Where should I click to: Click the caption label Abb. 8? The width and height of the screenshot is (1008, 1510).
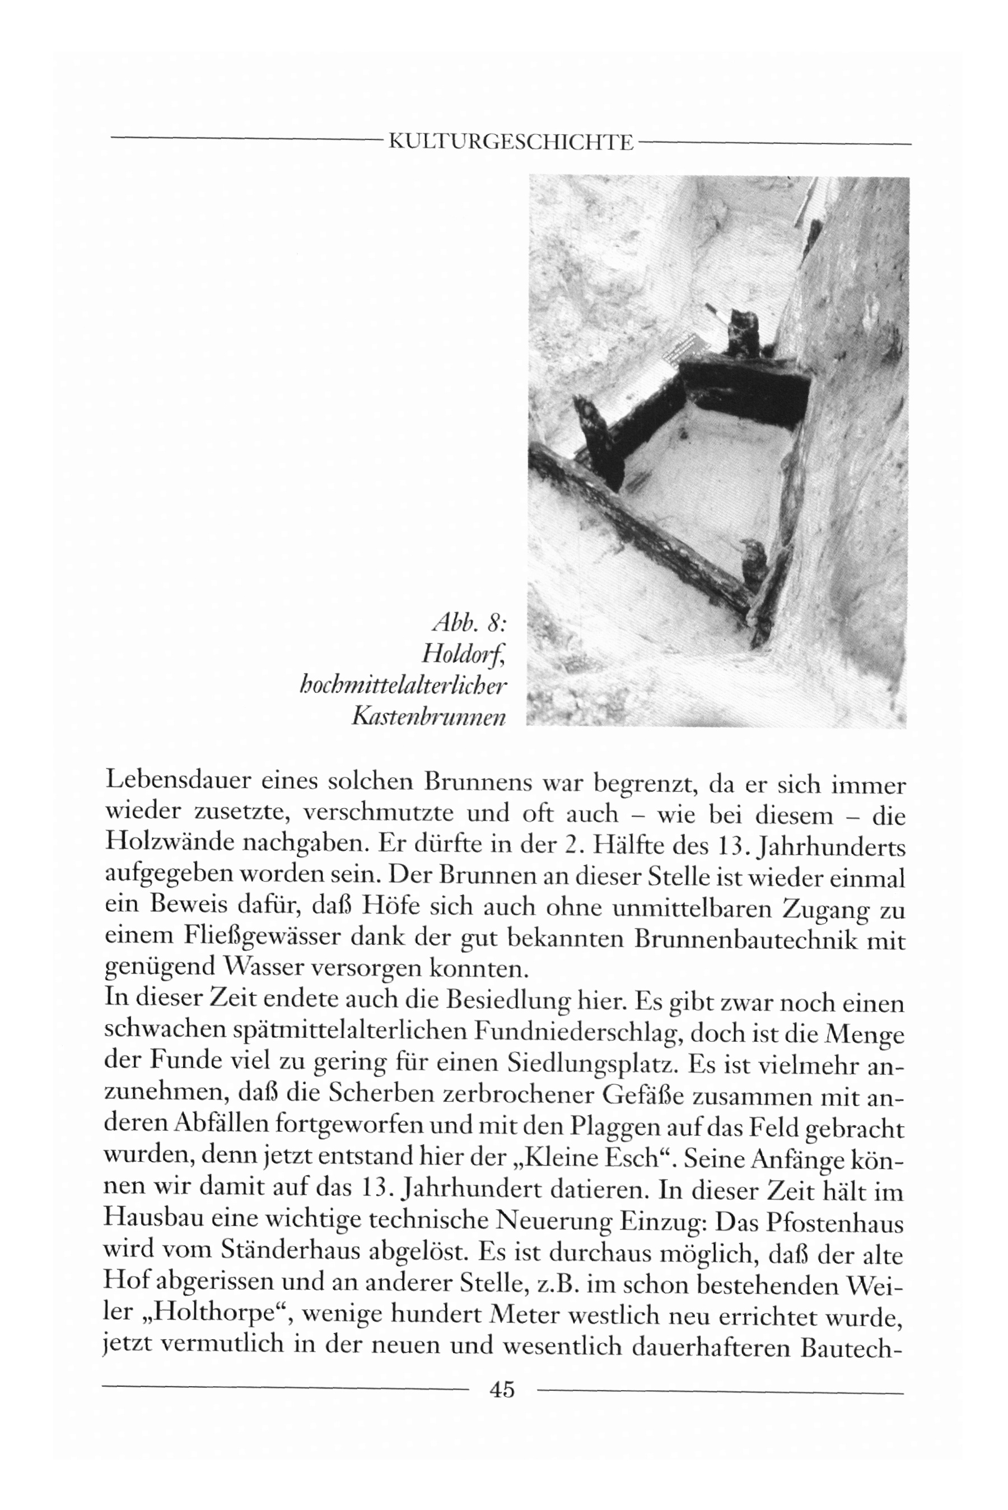(470, 623)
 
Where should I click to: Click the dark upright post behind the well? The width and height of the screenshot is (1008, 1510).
(743, 332)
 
